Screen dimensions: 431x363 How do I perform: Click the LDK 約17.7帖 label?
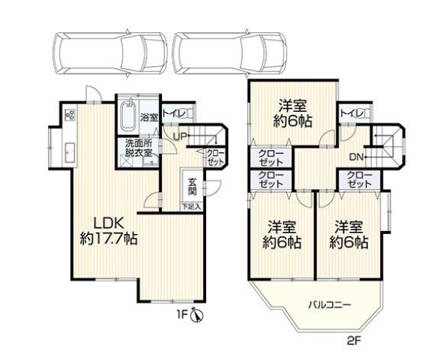tap(109, 231)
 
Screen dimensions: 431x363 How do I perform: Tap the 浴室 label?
tap(149, 118)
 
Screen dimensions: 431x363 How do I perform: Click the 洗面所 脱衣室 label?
tap(138, 148)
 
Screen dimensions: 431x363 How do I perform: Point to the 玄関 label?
tap(192, 187)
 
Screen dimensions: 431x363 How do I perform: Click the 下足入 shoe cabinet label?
tap(191, 207)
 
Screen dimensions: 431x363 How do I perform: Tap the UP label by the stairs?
tap(181, 136)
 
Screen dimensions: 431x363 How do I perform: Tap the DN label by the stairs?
tap(356, 157)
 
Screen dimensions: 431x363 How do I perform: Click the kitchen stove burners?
tap(70, 115)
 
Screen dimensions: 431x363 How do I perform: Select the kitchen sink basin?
tap(70, 153)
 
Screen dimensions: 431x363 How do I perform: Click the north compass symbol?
tap(197, 314)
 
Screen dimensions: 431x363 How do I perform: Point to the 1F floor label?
tap(182, 314)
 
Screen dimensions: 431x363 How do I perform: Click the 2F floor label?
tap(354, 341)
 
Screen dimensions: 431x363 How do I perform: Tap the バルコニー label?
tap(329, 305)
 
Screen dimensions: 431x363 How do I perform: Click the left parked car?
tap(110, 53)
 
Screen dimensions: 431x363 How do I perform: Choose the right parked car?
tap(230, 53)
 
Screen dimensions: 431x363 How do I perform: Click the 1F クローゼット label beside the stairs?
tap(216, 157)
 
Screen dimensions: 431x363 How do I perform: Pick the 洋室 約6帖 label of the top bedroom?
tap(292, 113)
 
